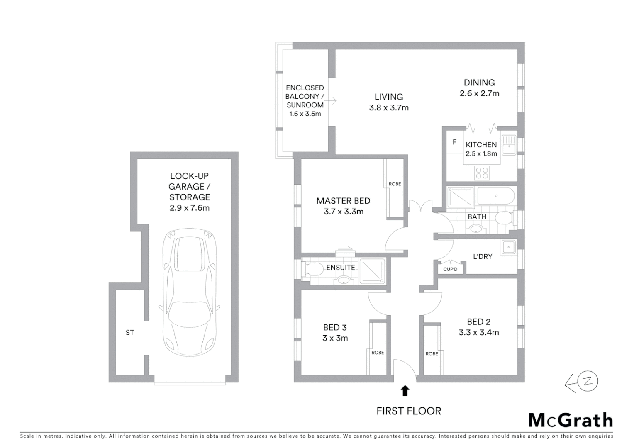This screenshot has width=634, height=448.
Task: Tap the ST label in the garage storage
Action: pos(130,333)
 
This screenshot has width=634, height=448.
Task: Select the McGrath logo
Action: pos(570,420)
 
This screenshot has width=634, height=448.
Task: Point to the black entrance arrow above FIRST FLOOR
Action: pos(405,391)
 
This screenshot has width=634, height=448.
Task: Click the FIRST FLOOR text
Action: pos(409,411)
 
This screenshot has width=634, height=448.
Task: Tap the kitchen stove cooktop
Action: pos(482,173)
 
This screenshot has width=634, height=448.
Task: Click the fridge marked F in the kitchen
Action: pos(454,142)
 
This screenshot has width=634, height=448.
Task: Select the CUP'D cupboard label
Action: pos(450,269)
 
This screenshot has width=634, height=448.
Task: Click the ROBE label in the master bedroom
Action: pos(395,184)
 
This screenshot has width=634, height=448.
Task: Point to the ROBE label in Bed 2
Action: pos(432,354)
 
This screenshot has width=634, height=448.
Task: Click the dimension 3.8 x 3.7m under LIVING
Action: pos(389,108)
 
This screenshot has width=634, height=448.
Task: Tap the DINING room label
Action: pos(479,83)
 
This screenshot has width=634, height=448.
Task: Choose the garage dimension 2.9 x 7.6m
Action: pos(190,208)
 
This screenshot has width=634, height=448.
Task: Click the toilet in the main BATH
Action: pos(504,218)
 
